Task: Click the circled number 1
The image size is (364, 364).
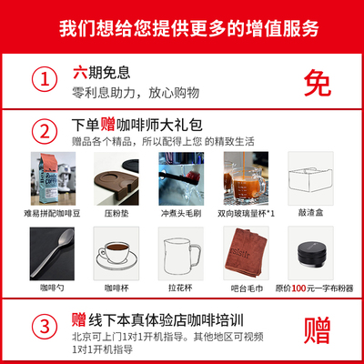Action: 42,79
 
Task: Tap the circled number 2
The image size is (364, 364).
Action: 42,131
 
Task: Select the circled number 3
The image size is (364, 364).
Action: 42,324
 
